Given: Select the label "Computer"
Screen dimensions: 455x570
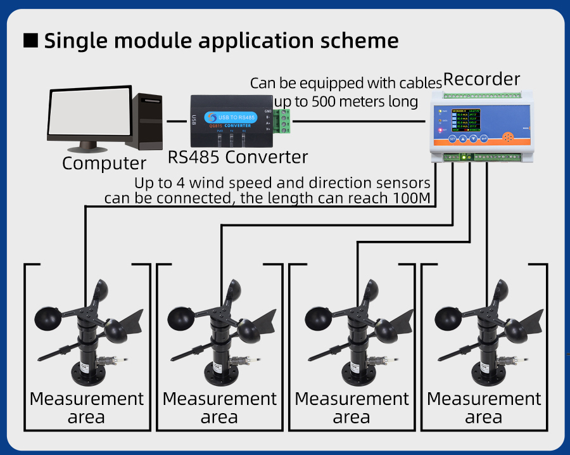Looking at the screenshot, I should pyautogui.click(x=104, y=163).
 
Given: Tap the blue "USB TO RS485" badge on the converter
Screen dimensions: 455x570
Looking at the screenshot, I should pyautogui.click(x=237, y=117).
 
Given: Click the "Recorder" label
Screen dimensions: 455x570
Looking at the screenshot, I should pyautogui.click(x=481, y=80).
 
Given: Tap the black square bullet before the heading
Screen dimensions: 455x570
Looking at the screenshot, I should pyautogui.click(x=31, y=41).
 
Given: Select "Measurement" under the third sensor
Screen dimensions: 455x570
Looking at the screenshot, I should pyautogui.click(x=351, y=399).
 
